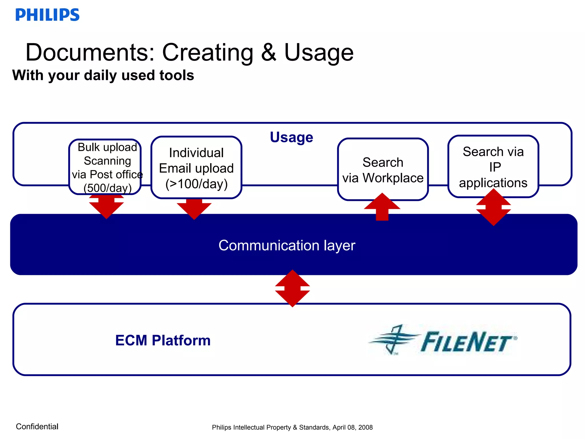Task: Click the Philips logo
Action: (x=47, y=15)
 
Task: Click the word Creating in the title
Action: (x=208, y=53)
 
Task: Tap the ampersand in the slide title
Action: (x=269, y=52)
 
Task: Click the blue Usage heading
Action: (x=291, y=137)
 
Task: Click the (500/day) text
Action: (x=107, y=188)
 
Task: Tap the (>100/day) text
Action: (x=197, y=184)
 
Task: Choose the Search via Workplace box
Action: (x=383, y=169)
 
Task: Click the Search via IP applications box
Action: (x=493, y=167)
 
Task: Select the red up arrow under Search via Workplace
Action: (x=382, y=207)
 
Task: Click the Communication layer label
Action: (x=287, y=245)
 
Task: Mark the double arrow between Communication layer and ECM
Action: (x=292, y=288)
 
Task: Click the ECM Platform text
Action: (x=163, y=340)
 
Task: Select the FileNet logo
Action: (x=443, y=340)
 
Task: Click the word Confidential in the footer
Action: (x=37, y=426)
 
